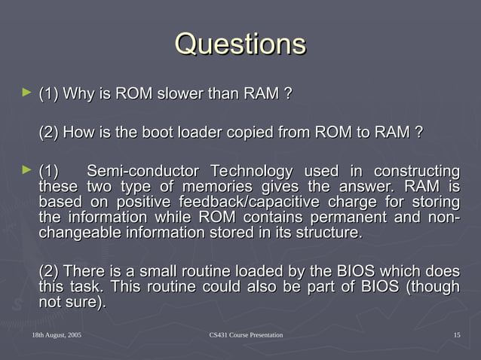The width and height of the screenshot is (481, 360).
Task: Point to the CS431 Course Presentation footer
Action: (x=246, y=334)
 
